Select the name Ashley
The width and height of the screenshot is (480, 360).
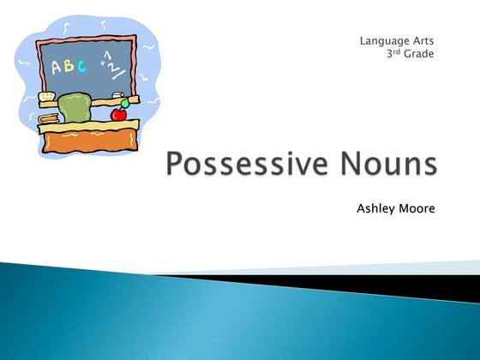377,207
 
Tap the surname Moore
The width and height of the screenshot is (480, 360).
417,207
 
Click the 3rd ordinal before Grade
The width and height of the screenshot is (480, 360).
396,53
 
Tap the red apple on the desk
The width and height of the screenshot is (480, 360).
121,113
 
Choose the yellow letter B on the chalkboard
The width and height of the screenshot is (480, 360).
69,67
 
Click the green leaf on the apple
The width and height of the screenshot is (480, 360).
125,105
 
